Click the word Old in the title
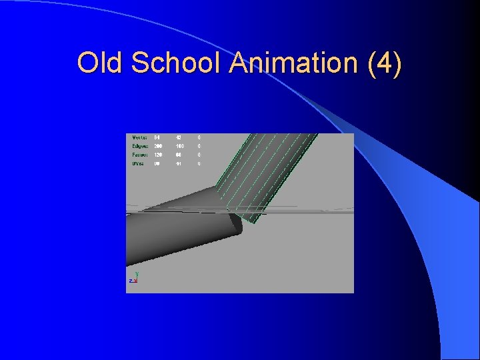(101, 63)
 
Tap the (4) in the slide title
(385, 63)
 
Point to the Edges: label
(140, 146)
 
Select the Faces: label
(140, 155)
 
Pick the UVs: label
(138, 163)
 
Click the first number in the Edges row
(158, 146)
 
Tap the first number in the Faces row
(158, 155)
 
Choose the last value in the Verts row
(198, 137)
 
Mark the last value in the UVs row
(198, 163)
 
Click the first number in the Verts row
(157, 137)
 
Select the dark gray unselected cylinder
(173, 227)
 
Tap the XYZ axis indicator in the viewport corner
(133, 278)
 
